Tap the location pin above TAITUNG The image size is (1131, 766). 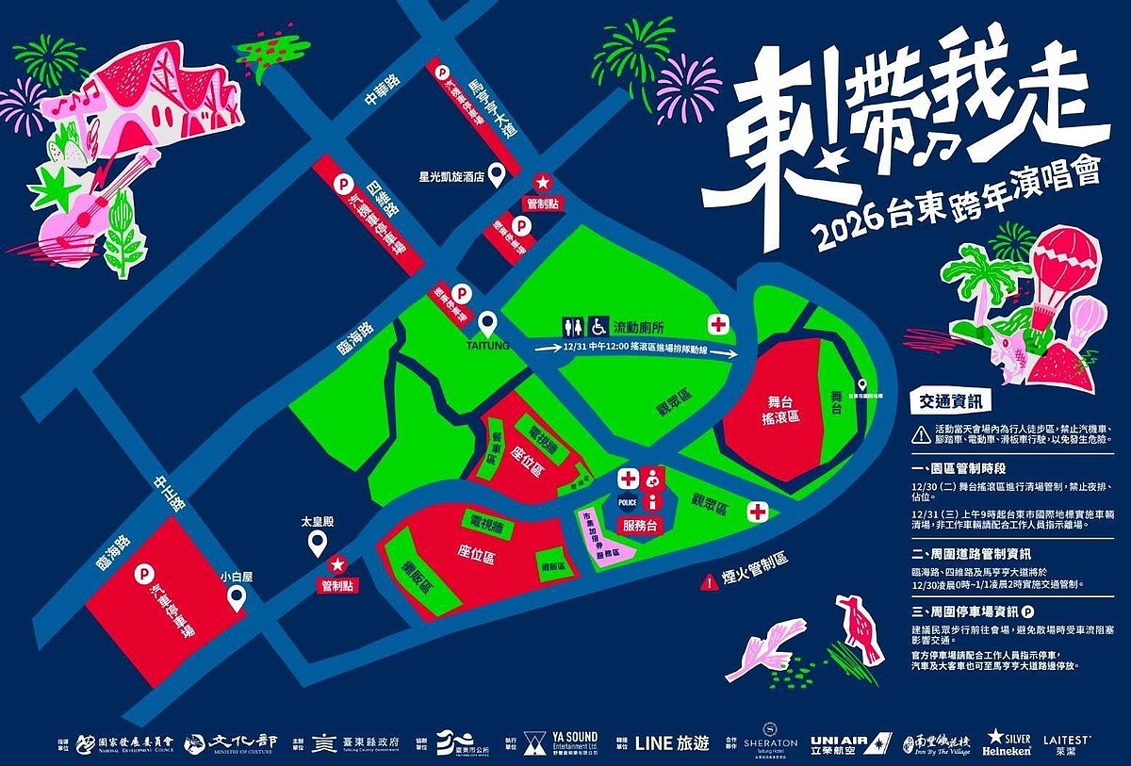(487, 325)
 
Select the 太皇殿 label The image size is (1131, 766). (317, 520)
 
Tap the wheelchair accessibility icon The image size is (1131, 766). (597, 327)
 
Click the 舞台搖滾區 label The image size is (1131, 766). (780, 408)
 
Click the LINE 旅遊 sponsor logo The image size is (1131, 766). (672, 742)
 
